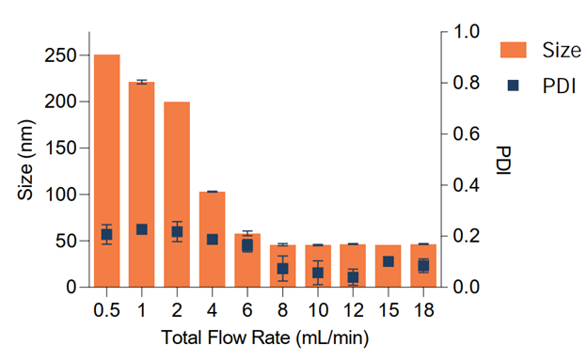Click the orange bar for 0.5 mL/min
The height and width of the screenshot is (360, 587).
point(106,170)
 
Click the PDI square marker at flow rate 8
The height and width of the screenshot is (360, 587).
point(282,269)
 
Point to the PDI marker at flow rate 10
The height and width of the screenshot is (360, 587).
point(318,273)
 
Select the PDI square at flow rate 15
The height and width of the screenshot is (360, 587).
point(388,261)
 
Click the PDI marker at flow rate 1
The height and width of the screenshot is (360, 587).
point(141,229)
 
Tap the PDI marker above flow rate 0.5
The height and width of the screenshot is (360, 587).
point(106,234)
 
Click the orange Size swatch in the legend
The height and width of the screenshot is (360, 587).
point(513,49)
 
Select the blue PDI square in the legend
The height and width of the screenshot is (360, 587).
point(514,85)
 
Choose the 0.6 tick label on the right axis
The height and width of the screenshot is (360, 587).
point(467,134)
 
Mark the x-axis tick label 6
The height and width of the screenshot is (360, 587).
point(247,309)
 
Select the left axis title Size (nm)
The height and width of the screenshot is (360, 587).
point(26,160)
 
